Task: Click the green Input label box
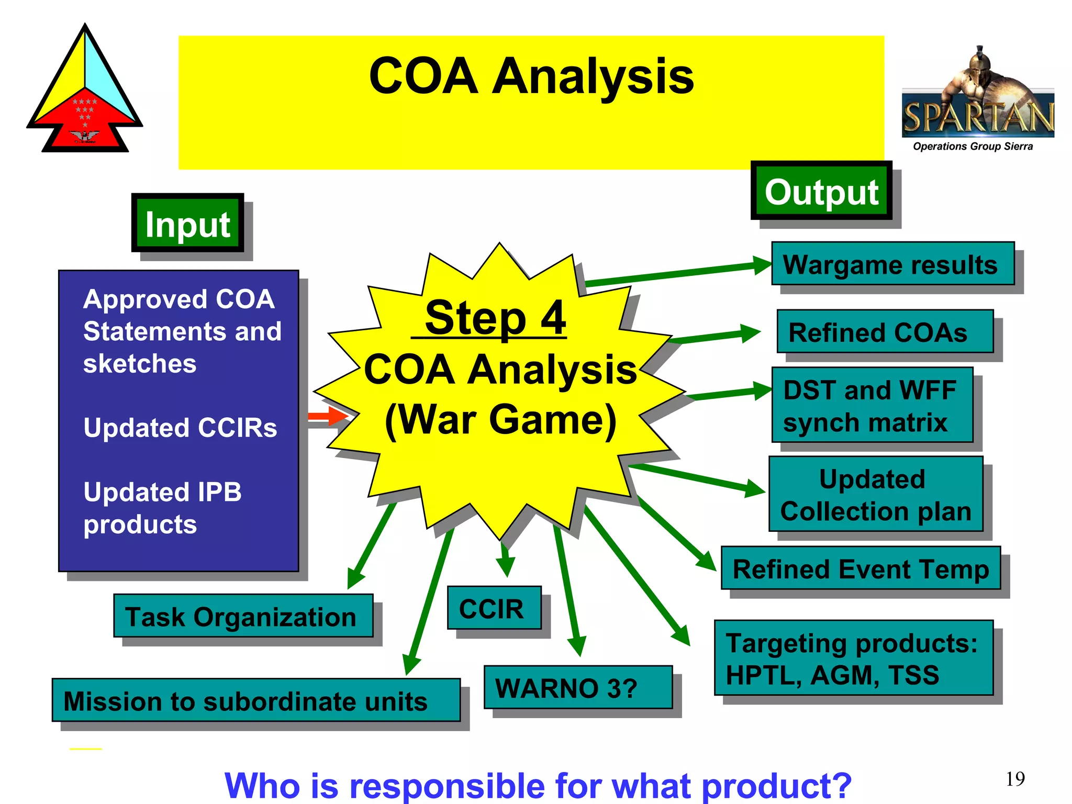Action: [x=188, y=223]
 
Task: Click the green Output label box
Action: [x=821, y=191]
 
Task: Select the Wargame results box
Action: [x=892, y=264]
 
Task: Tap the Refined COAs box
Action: [x=885, y=332]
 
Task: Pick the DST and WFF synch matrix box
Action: [x=872, y=405]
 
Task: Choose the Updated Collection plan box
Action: [x=876, y=494]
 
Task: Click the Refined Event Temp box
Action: [x=861, y=568]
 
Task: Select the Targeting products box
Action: [x=853, y=658]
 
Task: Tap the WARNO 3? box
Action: [x=578, y=687]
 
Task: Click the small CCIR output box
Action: [x=494, y=608]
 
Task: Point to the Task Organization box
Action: [x=243, y=616]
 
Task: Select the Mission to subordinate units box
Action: [x=256, y=700]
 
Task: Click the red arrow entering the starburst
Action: [x=328, y=417]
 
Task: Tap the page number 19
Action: [x=1014, y=779]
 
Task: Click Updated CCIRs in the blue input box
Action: [x=180, y=427]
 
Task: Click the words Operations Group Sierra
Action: [x=973, y=147]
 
